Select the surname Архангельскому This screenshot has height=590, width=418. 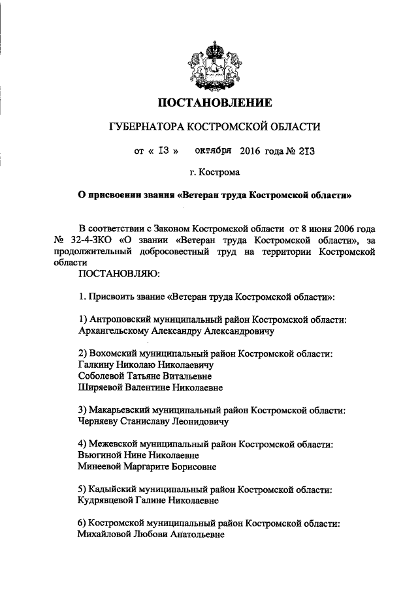[x=113, y=331]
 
